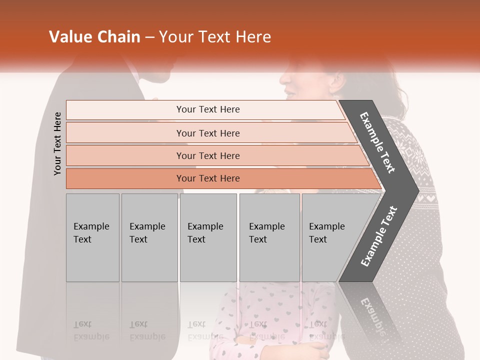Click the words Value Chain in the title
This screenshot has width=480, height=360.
tap(94, 37)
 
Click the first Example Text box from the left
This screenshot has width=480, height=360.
tap(92, 237)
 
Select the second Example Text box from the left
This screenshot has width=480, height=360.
tap(149, 237)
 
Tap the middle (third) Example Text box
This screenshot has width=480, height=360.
tap(208, 237)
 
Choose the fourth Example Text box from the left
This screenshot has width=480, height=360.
tap(269, 237)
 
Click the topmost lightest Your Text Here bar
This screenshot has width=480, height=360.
tap(207, 109)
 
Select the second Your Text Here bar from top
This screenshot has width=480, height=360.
tap(207, 133)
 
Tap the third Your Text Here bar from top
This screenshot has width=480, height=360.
tap(207, 155)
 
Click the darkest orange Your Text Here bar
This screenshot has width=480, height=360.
tap(207, 178)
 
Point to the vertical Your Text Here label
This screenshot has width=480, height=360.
tap(57, 143)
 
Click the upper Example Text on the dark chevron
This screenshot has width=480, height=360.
tap(377, 142)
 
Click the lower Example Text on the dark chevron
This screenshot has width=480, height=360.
tap(379, 236)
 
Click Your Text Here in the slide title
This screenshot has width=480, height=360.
tap(215, 37)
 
